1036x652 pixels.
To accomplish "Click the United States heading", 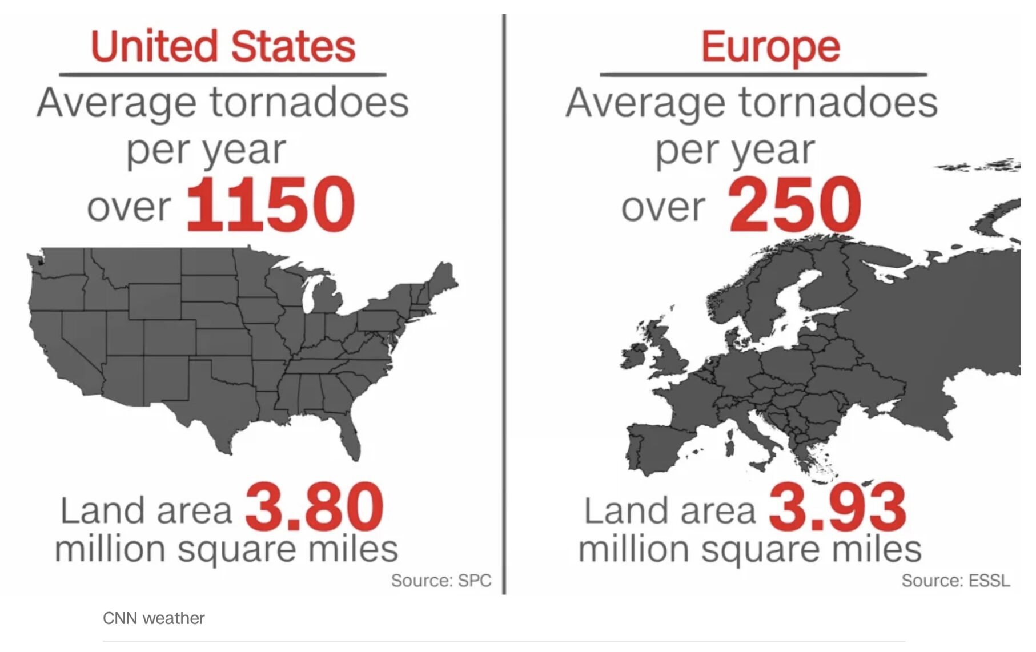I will point(223,46).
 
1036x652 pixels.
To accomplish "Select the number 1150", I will point(270,204).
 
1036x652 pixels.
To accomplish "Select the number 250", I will point(794,204).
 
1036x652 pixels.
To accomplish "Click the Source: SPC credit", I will point(441,581).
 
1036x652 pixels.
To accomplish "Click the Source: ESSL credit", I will point(955,581).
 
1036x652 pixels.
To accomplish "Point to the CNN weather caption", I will point(154,618).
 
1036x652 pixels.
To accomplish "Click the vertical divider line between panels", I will point(504,303).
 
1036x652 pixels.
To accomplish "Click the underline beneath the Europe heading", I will point(763,74).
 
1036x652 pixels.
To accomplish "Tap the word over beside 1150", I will point(129,207).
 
